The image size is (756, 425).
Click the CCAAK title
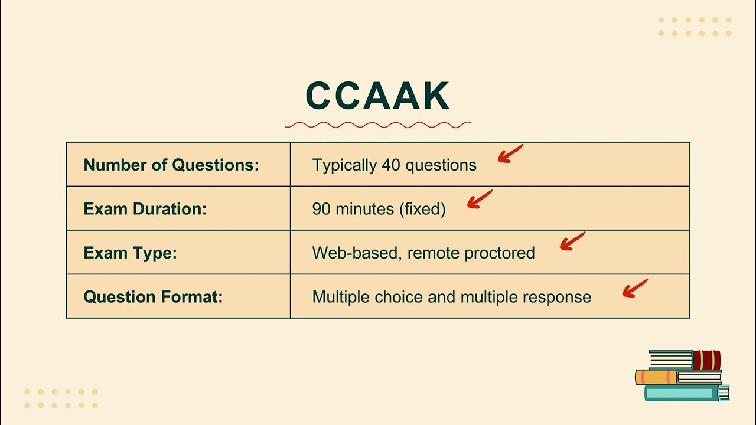click(378, 96)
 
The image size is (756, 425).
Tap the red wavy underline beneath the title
click(378, 125)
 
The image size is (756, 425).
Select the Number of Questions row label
click(171, 165)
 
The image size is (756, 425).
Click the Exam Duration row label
click(145, 209)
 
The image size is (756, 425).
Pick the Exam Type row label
click(130, 253)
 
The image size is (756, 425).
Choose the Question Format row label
click(153, 296)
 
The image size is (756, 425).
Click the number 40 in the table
click(391, 165)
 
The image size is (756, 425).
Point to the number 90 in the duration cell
click(321, 209)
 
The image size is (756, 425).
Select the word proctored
click(500, 253)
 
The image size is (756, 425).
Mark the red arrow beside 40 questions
click(510, 153)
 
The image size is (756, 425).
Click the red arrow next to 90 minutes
click(479, 199)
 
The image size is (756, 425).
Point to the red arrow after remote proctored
click(571, 241)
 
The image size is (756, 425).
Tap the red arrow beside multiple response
click(634, 288)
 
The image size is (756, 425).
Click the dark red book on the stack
click(706, 359)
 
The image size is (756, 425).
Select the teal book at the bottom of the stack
click(685, 393)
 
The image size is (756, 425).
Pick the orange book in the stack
click(656, 377)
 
